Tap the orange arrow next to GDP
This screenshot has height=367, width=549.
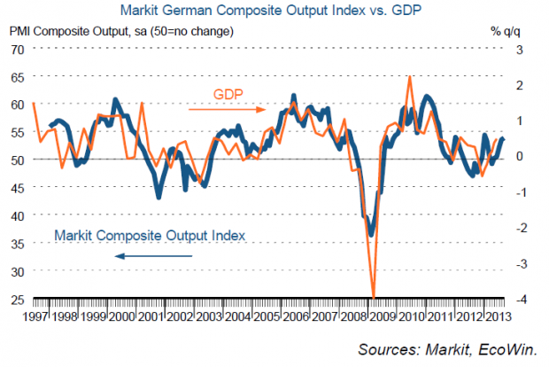coord(227,110)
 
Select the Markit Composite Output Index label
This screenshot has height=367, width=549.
coord(149,236)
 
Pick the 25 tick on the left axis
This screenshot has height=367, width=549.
coord(17,299)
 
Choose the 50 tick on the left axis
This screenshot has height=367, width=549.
coord(17,160)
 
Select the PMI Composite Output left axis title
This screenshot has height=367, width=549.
coord(120,32)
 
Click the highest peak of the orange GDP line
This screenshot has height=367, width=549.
coord(409,77)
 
